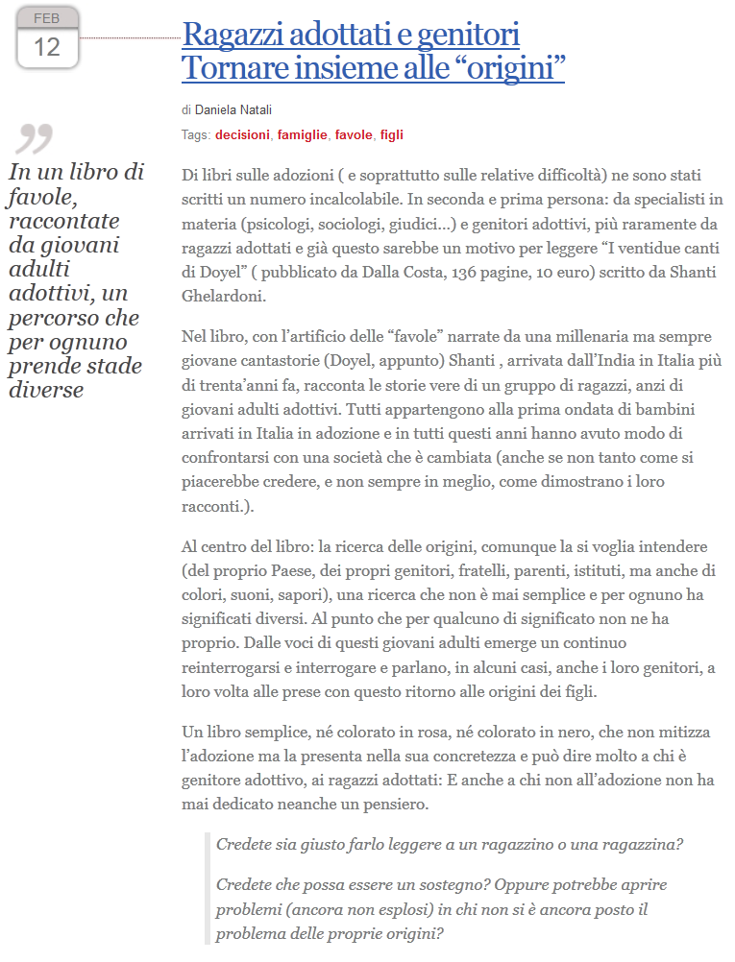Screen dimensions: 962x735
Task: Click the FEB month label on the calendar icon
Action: (x=46, y=18)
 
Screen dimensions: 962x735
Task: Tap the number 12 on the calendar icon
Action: (x=47, y=46)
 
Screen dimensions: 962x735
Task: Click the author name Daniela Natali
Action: (x=233, y=110)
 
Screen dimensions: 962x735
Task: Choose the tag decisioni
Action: (x=242, y=135)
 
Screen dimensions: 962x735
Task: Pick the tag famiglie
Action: (x=302, y=135)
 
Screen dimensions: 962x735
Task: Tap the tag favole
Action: (x=354, y=135)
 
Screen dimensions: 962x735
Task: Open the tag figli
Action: (x=392, y=135)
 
